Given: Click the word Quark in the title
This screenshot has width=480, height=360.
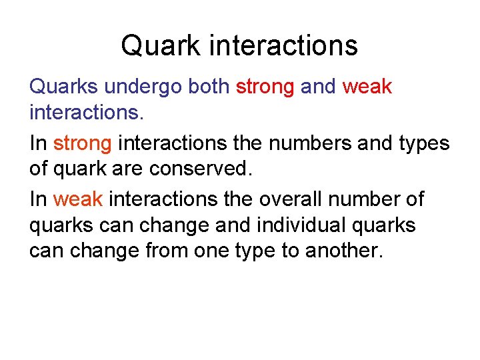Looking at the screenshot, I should tap(159, 46).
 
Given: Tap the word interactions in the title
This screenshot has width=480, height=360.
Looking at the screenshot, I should tap(283, 46).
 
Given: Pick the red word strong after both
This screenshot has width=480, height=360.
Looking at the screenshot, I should tap(265, 87).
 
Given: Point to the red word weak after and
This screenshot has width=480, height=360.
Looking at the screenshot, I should tap(367, 87).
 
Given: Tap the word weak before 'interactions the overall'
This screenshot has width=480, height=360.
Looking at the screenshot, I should tap(78, 199).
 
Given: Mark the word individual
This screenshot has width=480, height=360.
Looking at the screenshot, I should tap(297, 225).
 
